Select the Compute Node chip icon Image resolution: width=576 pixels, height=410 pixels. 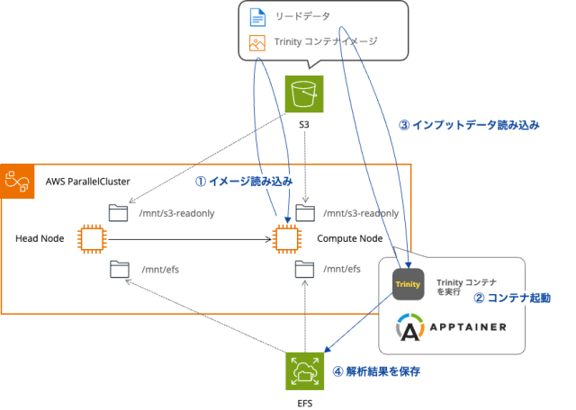(286, 238)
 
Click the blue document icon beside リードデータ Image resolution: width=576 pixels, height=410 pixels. (256, 17)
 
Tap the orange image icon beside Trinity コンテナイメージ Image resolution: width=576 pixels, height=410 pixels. (256, 41)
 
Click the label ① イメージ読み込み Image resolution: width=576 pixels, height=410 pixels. (244, 181)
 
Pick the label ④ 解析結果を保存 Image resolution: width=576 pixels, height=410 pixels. (376, 370)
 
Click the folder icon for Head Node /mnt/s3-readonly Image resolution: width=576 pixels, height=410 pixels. (118, 213)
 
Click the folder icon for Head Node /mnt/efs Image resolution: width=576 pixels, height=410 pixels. (118, 268)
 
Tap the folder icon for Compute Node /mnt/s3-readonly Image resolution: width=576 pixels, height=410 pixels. (307, 213)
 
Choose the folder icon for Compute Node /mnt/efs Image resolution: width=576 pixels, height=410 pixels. (307, 268)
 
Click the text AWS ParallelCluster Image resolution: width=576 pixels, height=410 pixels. (88, 182)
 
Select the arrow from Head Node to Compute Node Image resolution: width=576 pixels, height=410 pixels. (189, 239)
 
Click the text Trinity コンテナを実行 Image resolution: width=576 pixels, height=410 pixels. (466, 286)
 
